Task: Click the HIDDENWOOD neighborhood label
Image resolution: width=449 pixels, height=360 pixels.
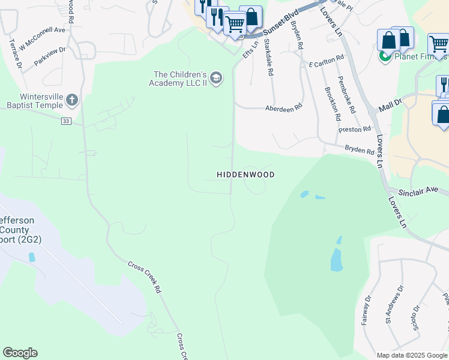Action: [x=246, y=175]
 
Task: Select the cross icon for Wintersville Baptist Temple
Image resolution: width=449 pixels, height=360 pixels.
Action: [x=72, y=100]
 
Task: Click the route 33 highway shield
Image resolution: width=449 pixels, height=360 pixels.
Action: [x=65, y=121]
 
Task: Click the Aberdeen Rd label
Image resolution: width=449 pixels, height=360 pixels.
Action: [x=283, y=109]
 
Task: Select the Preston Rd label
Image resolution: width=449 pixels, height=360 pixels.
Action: [x=354, y=129]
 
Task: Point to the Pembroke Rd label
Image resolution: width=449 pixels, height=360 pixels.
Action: [x=347, y=95]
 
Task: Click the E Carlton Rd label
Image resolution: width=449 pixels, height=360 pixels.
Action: [x=326, y=61]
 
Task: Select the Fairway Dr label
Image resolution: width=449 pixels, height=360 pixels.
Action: [x=366, y=310]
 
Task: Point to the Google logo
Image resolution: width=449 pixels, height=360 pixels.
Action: [x=20, y=353]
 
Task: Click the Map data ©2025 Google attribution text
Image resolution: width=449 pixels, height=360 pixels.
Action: [x=411, y=355]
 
